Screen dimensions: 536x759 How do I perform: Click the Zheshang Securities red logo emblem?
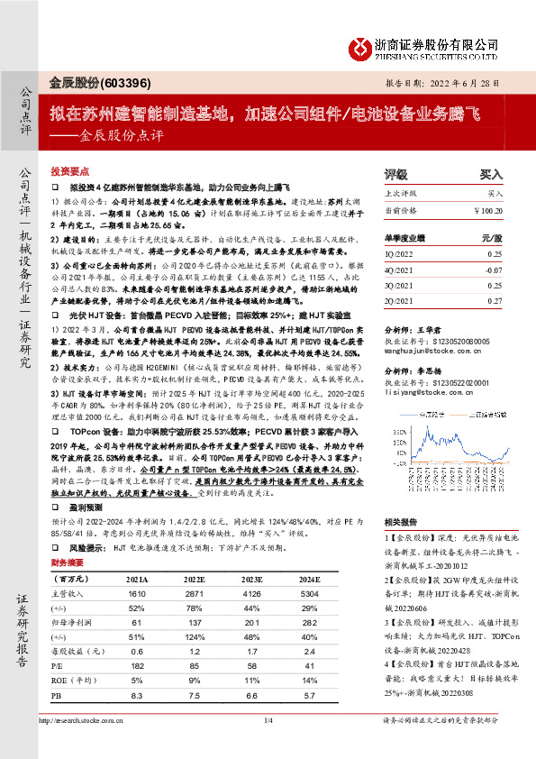(x=359, y=46)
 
